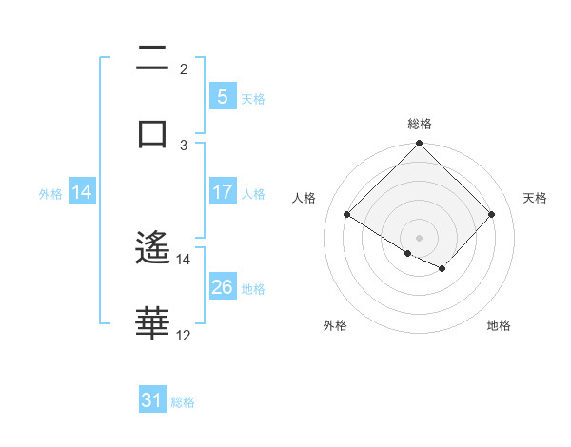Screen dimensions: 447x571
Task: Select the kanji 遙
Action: coord(152,249)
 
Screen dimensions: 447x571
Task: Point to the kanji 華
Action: coord(152,323)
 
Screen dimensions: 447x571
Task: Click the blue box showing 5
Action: coord(222,96)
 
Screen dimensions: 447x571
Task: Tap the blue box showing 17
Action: coord(222,192)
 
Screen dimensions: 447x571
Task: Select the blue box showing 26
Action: coord(222,287)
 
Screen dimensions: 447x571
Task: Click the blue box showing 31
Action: coord(152,400)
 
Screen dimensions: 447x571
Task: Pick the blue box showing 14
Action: coord(82,192)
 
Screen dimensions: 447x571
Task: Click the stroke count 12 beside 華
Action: coord(184,336)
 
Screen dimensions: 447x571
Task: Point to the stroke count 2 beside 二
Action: coord(184,69)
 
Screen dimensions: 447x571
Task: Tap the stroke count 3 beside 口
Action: coord(184,145)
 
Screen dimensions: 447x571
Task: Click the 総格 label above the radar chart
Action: coord(420,124)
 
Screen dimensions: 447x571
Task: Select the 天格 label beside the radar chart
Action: coord(535,198)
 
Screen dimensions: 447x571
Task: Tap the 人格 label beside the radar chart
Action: coord(305,198)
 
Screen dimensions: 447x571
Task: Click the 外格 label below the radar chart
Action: coord(335,325)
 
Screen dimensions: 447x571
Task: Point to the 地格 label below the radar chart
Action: coord(499,325)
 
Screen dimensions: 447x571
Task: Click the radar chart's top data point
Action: coord(420,145)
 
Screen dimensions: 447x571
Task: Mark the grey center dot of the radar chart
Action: coord(420,237)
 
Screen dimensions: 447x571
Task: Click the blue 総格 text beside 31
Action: coord(183,402)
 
